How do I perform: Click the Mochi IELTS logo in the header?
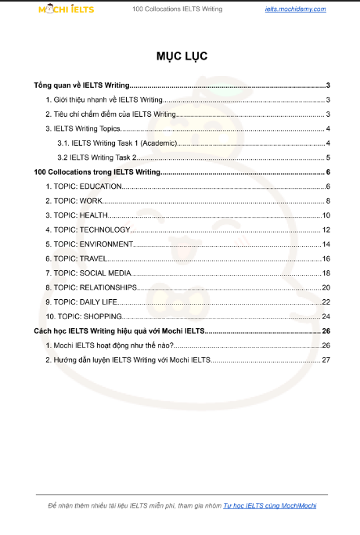tap(67, 9)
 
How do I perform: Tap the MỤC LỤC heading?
tap(180, 56)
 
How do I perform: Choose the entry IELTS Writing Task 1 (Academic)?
tap(117, 143)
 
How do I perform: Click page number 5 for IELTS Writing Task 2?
tap(328, 157)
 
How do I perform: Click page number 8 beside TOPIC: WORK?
tap(328, 201)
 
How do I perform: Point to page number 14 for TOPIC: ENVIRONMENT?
tap(326, 244)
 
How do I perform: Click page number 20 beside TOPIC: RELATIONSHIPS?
tap(326, 287)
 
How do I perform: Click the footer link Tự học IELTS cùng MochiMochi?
tap(270, 506)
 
